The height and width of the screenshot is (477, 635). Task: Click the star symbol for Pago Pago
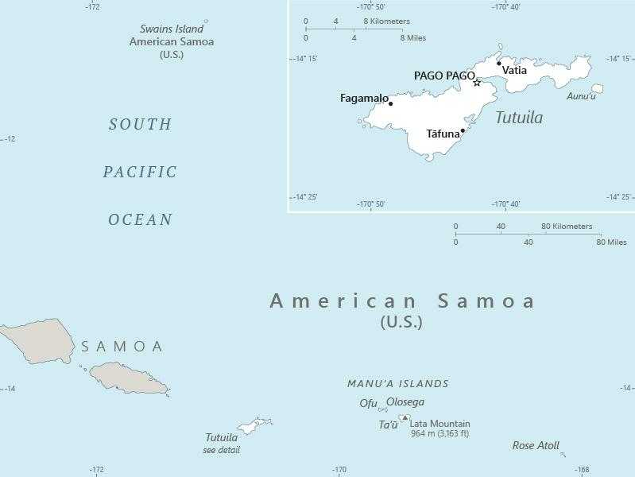(x=477, y=83)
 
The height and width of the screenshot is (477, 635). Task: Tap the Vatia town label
(x=514, y=71)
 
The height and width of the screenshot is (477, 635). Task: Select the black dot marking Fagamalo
(x=390, y=103)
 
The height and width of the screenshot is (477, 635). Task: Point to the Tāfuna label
(x=443, y=134)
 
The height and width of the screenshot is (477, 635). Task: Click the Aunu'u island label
(x=581, y=96)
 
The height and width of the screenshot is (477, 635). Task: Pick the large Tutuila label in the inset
(x=519, y=118)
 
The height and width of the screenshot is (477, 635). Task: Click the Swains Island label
(x=172, y=29)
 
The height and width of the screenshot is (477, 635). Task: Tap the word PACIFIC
(x=141, y=172)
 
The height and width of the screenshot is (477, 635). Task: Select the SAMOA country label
(x=122, y=347)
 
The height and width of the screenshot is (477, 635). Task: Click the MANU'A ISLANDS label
(x=398, y=383)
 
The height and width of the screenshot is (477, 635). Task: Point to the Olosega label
(x=405, y=402)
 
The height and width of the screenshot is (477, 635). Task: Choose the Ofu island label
(x=368, y=403)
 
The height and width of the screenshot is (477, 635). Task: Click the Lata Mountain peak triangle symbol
(x=405, y=417)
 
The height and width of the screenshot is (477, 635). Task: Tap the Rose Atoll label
(x=536, y=446)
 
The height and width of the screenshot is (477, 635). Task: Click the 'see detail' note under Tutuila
(x=221, y=450)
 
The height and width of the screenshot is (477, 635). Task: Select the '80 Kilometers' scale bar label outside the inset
(x=567, y=227)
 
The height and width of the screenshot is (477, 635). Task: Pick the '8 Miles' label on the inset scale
(x=413, y=37)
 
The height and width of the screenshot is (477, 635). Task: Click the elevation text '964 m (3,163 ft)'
(x=439, y=434)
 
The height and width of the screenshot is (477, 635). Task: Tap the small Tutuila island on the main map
(x=255, y=426)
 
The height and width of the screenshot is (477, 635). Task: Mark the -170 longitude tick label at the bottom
(x=339, y=470)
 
